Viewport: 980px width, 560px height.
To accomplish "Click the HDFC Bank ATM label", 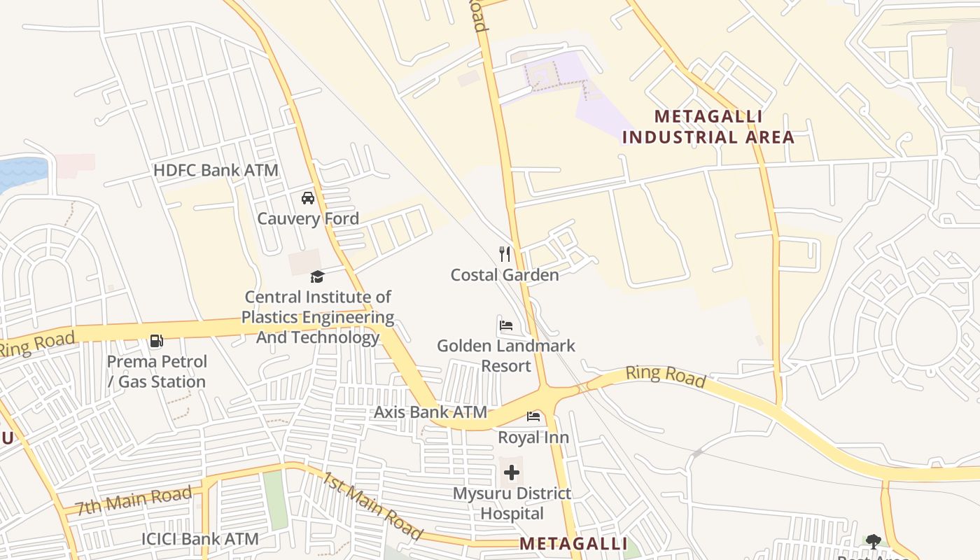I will [216, 170].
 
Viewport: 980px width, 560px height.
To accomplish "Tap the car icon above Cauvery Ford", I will [308, 198].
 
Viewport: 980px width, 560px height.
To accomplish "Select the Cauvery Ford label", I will [308, 218].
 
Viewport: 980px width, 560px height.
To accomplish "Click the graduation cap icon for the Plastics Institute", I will [318, 277].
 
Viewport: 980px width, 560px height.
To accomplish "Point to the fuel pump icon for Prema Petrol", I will [157, 342].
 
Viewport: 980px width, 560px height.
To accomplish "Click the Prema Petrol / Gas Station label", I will [157, 372].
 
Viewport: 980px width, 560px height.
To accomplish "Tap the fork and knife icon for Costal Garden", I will [505, 253].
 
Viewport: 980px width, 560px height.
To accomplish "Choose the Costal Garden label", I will [505, 274].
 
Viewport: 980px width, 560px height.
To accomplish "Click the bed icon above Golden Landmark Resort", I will [506, 325].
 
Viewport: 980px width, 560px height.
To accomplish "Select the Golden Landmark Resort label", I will [506, 356].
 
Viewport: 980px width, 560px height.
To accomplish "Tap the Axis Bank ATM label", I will [430, 412].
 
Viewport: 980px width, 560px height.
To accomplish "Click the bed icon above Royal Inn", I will [533, 417].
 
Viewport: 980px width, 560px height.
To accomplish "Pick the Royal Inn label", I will [533, 437].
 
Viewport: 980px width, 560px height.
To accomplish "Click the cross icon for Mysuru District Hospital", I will [512, 472].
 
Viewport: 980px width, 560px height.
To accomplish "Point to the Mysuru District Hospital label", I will [512, 503].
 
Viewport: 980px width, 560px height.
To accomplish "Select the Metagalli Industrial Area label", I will [708, 127].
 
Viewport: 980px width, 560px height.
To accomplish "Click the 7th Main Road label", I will [134, 501].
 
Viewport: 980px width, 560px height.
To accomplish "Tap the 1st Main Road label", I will [372, 505].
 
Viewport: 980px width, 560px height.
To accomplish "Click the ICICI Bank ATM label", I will [200, 539].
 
